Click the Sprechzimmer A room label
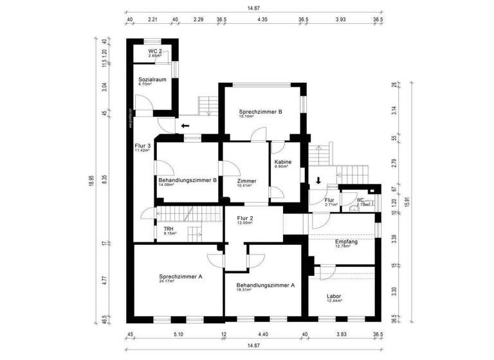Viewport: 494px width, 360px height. pyautogui.click(x=181, y=276)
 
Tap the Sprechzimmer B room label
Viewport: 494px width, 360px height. pyautogui.click(x=261, y=111)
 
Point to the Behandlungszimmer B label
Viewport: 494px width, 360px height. pyautogui.click(x=187, y=181)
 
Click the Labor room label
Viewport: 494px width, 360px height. pyautogui.click(x=334, y=296)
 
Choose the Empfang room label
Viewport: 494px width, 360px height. pyautogui.click(x=346, y=241)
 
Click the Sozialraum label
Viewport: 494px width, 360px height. pyautogui.click(x=152, y=79)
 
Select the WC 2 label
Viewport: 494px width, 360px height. pyautogui.click(x=154, y=51)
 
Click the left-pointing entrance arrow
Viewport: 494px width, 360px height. pyautogui.click(x=186, y=126)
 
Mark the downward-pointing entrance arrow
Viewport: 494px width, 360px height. pyautogui.click(x=318, y=181)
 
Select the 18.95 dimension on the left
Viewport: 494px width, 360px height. pyautogui.click(x=91, y=181)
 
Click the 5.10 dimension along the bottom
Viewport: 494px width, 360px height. pyautogui.click(x=178, y=334)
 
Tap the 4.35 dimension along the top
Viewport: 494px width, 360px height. pyautogui.click(x=262, y=20)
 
